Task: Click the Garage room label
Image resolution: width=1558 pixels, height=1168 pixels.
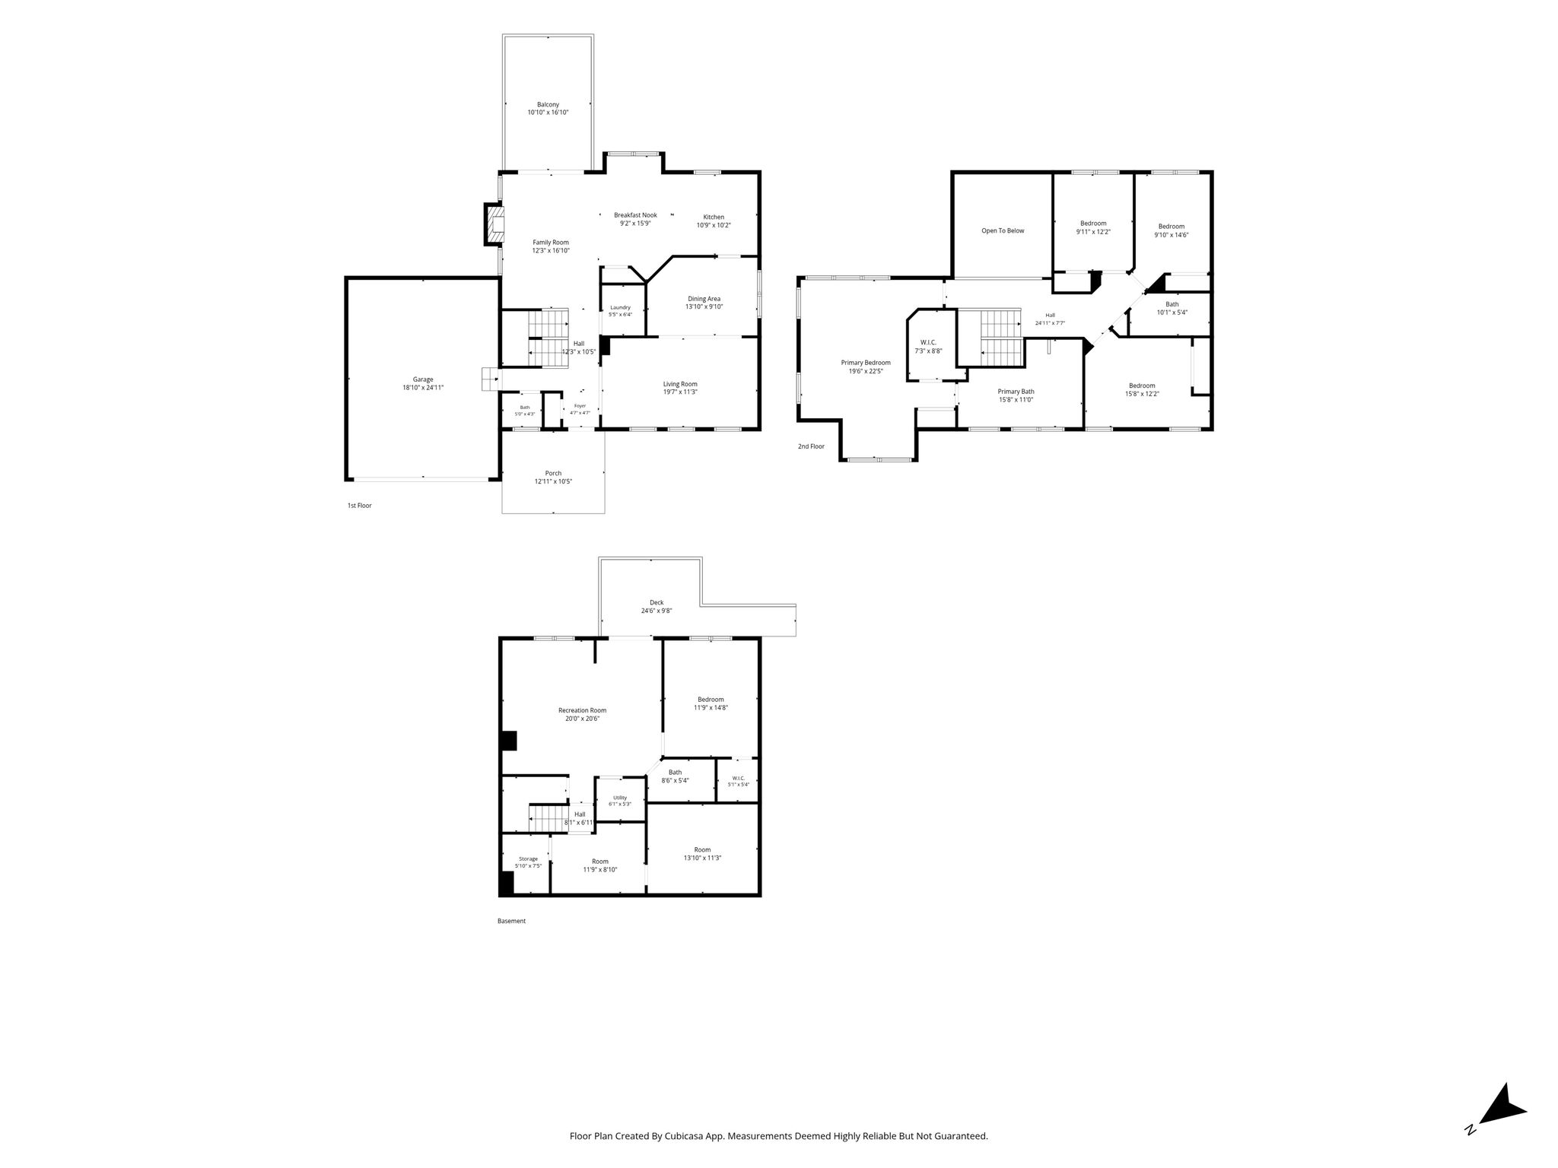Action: point(423,379)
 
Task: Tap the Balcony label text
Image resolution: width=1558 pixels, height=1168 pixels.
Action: point(548,104)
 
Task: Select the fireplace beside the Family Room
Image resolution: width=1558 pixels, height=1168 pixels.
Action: point(494,224)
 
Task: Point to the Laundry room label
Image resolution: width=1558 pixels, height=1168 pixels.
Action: point(620,307)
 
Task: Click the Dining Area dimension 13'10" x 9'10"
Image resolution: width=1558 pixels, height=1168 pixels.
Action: point(704,307)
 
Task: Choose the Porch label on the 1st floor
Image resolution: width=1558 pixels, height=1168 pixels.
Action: point(553,473)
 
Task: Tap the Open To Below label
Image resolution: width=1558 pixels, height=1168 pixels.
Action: point(1003,230)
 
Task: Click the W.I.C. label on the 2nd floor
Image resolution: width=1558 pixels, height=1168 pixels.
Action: point(928,342)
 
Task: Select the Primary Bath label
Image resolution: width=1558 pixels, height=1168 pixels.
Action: point(1016,392)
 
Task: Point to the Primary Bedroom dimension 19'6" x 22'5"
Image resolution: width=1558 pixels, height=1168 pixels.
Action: point(866,371)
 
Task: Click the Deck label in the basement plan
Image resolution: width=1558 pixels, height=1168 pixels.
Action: point(657,602)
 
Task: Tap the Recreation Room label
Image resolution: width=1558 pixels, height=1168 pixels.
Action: point(582,710)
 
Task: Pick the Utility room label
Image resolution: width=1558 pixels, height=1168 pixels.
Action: point(620,798)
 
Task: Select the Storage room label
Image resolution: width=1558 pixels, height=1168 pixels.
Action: point(528,859)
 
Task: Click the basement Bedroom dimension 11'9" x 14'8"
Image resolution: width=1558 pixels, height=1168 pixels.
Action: point(711,707)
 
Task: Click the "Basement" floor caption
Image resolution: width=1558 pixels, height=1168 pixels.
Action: point(511,921)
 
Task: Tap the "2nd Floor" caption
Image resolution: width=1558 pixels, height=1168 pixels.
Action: point(811,446)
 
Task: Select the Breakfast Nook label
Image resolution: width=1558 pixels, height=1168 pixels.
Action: point(635,215)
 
